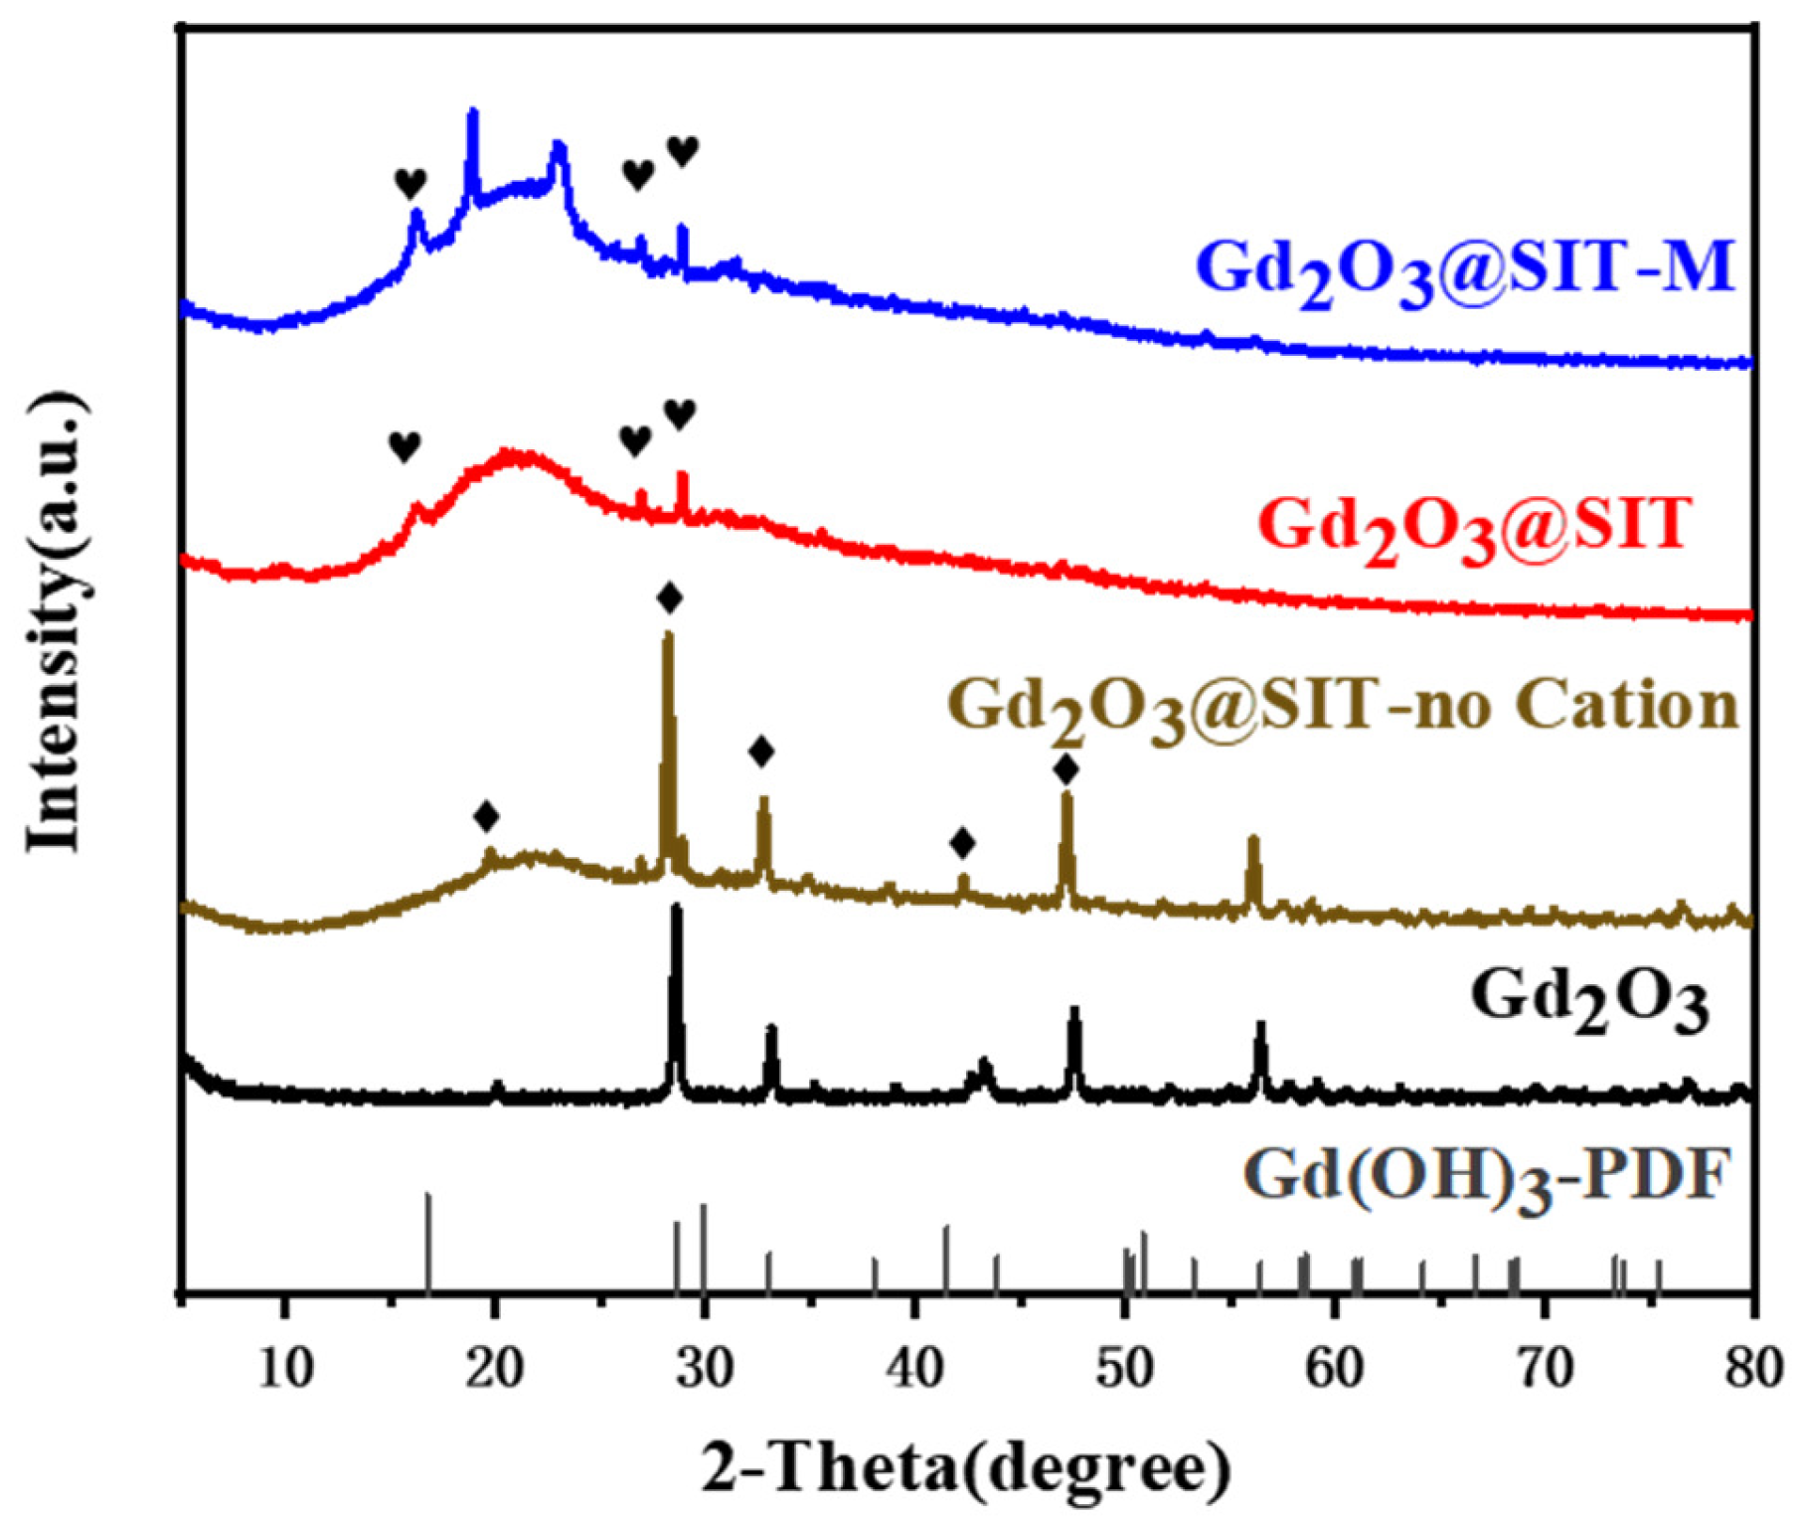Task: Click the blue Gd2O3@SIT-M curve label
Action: point(1465,269)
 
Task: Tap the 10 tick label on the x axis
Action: point(286,1369)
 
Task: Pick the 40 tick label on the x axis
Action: point(914,1369)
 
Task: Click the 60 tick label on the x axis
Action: point(1335,1369)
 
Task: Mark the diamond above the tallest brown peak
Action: point(670,598)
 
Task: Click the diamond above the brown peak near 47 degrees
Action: point(1065,768)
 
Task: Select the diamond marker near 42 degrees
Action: point(962,843)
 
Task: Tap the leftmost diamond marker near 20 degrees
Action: point(486,817)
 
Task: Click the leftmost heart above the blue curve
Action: point(410,183)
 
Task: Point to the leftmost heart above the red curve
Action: point(405,446)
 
